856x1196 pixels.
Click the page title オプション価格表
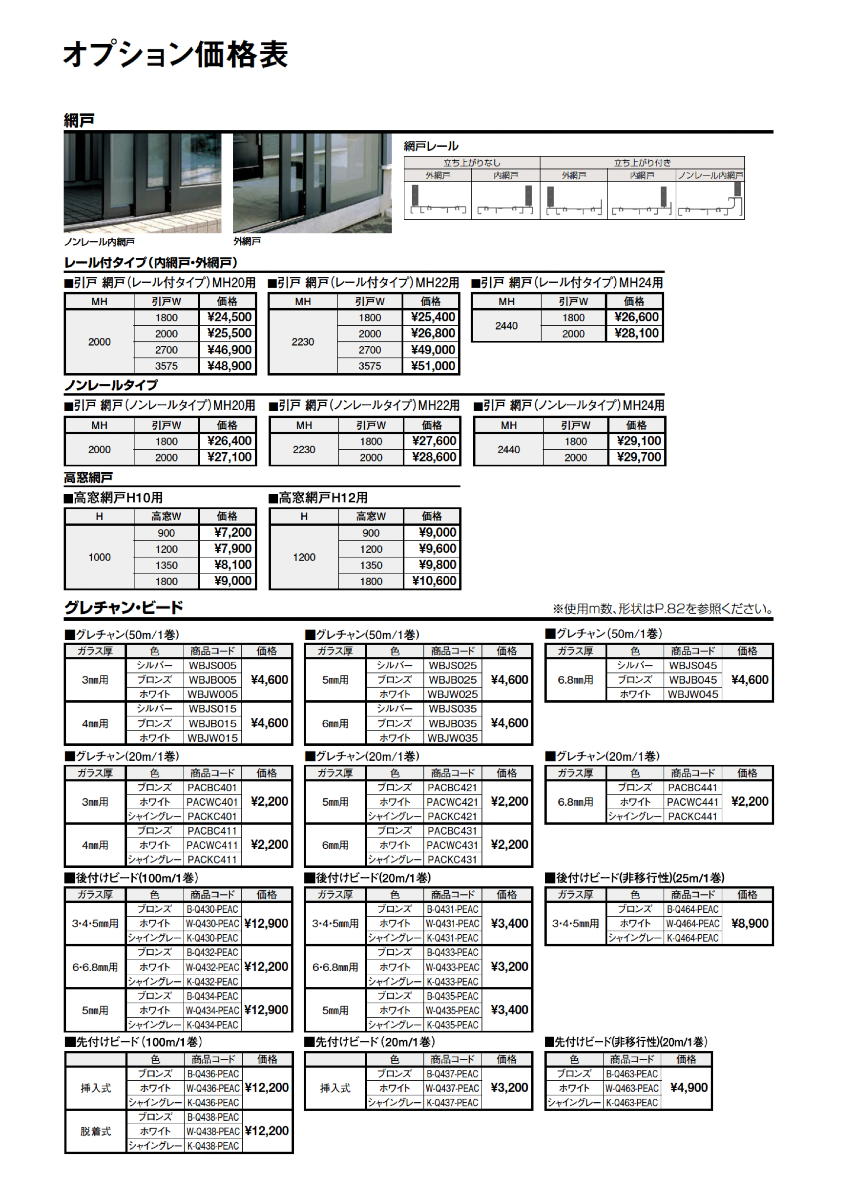pyautogui.click(x=175, y=54)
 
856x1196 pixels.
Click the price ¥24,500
pyautogui.click(x=229, y=317)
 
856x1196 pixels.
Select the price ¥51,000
pyautogui.click(x=432, y=366)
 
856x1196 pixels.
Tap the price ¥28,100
pyautogui.click(x=636, y=333)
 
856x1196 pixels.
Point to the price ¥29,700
pyautogui.click(x=638, y=457)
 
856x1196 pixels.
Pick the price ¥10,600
pyautogui.click(x=433, y=581)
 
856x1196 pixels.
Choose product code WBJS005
pyautogui.click(x=212, y=666)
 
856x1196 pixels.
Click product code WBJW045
pyautogui.click(x=692, y=694)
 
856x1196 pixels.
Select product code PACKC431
pyautogui.click(x=452, y=860)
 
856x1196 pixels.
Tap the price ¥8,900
pyautogui.click(x=749, y=923)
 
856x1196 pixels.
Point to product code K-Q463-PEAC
pyautogui.click(x=631, y=1103)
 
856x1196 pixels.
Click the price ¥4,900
pyautogui.click(x=688, y=1088)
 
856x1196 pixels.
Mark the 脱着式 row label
pyautogui.click(x=95, y=1131)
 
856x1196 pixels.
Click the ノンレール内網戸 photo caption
pyautogui.click(x=99, y=242)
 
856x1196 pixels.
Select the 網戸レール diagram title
pyautogui.click(x=431, y=146)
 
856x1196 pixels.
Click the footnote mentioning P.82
pyautogui.click(x=663, y=609)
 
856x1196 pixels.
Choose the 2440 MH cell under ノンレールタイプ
pyautogui.click(x=508, y=450)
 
